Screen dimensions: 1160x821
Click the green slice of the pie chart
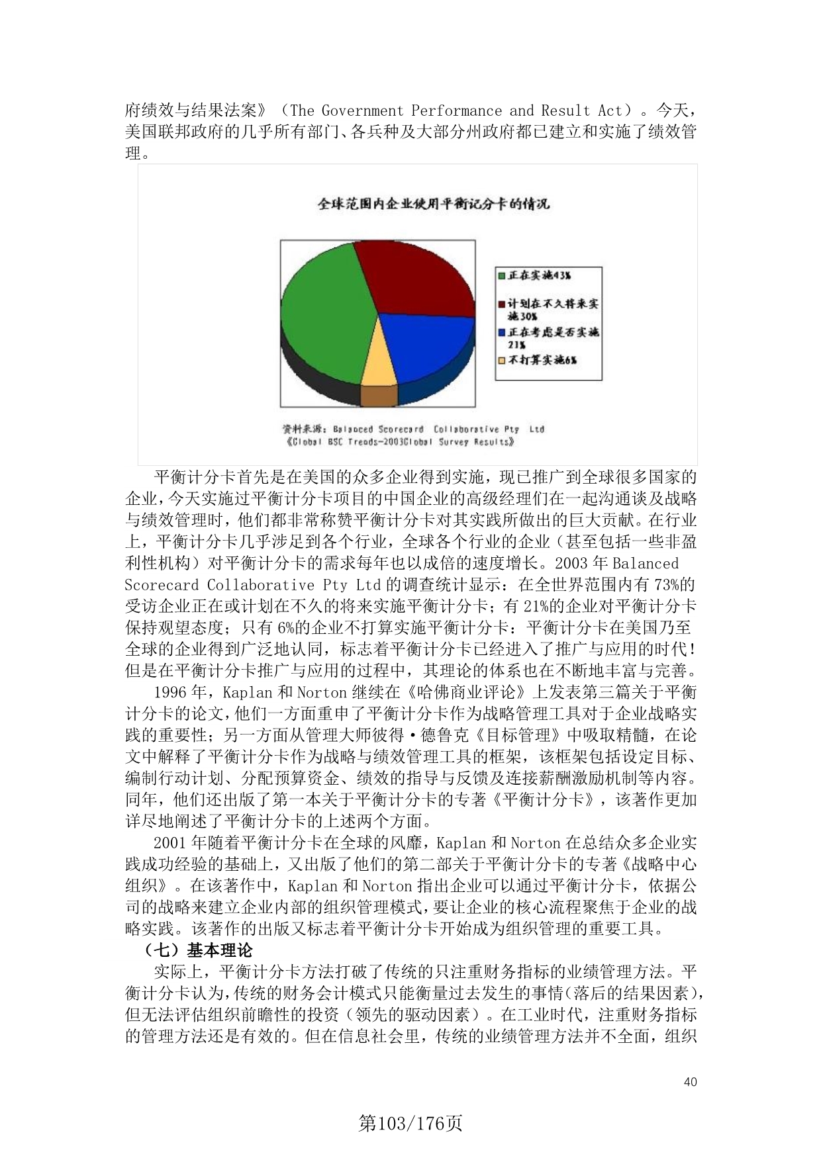pyautogui.click(x=324, y=318)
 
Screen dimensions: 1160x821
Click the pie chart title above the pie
pyautogui.click(x=434, y=204)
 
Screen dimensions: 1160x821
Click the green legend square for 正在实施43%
pyautogui.click(x=502, y=275)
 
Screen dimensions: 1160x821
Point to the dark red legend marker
pyautogui.click(x=502, y=304)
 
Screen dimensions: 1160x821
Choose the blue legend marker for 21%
pyautogui.click(x=502, y=332)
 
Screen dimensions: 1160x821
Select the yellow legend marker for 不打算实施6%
pyautogui.click(x=502, y=361)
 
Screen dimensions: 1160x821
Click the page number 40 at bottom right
pyautogui.click(x=690, y=1082)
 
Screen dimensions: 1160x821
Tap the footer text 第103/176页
pyautogui.click(x=410, y=1123)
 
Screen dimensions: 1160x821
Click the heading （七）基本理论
pyautogui.click(x=199, y=951)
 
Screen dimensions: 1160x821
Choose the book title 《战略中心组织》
pyautogui.click(x=662, y=864)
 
